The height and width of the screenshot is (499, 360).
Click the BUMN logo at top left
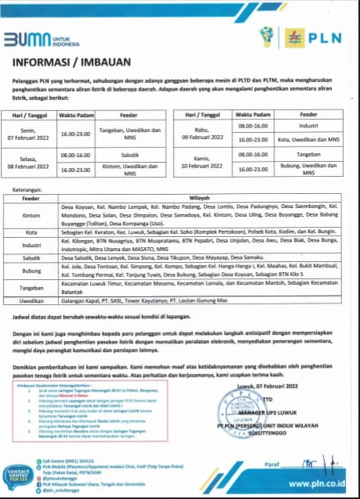tap(41, 40)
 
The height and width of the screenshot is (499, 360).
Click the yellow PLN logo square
tap(294, 38)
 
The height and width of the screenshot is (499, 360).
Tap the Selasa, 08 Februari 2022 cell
tap(31, 162)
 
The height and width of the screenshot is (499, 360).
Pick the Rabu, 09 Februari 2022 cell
tap(203, 133)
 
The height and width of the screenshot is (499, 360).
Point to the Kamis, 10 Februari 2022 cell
tap(203, 162)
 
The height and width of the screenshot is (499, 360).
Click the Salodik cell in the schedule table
tap(129, 155)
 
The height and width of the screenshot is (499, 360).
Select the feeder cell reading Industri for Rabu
tap(308, 125)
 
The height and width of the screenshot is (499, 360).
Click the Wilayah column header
tap(199, 198)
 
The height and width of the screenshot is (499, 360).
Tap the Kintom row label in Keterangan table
tap(31, 215)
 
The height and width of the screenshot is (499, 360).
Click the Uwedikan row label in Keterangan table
tap(31, 301)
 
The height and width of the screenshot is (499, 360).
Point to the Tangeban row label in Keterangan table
tap(31, 288)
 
